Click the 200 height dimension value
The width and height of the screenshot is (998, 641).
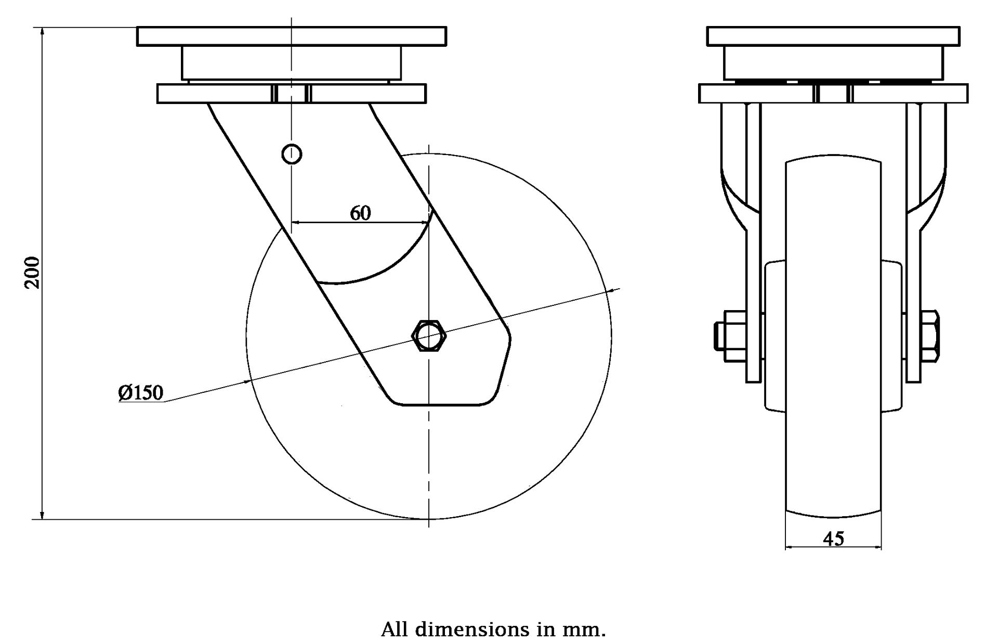(32, 272)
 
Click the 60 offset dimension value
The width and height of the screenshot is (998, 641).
(360, 213)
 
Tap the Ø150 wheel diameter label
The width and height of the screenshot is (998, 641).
(140, 392)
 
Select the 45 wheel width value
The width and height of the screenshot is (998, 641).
(833, 539)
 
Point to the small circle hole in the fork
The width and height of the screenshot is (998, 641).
(292, 153)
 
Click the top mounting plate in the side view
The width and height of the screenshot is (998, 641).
(292, 36)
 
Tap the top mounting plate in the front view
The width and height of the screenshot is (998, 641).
(833, 36)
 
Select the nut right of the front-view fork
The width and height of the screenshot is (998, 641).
(930, 336)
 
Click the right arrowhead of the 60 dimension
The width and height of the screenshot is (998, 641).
(425, 222)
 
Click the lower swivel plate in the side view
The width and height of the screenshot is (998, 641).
(292, 94)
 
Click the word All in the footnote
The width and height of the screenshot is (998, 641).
(396, 629)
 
